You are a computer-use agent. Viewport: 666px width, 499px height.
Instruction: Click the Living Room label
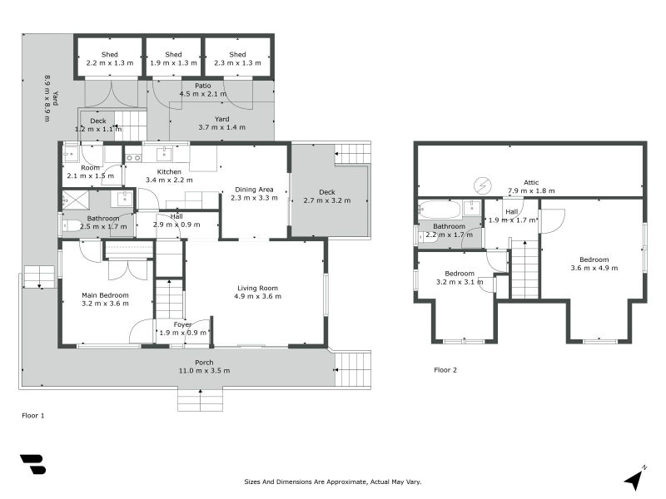click(256, 288)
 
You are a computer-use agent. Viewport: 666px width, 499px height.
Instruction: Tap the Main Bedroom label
click(105, 295)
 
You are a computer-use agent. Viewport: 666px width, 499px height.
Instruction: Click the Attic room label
click(530, 182)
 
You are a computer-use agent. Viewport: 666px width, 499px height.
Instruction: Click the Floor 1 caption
click(32, 413)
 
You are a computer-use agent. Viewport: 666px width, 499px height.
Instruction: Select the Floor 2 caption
click(445, 369)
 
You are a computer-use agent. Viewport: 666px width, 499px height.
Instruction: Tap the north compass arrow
click(634, 478)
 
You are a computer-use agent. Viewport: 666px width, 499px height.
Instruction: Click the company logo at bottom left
click(32, 464)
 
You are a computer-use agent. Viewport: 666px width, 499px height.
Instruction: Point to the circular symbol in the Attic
click(482, 185)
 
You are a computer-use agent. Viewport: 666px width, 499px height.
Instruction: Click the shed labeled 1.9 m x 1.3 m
click(173, 58)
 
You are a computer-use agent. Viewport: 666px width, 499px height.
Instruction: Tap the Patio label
click(203, 85)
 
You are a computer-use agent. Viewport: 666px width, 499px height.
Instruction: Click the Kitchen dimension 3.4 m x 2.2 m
click(169, 180)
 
